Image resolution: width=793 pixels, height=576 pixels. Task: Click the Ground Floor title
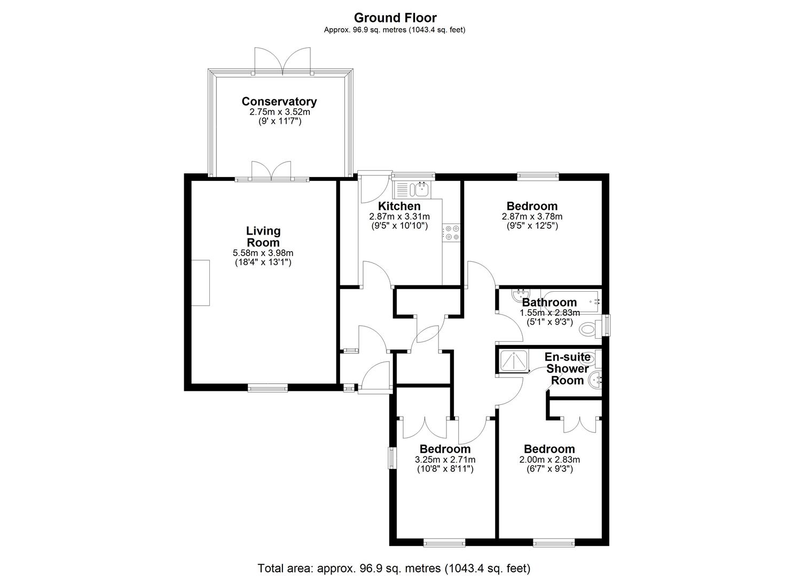coord(395,18)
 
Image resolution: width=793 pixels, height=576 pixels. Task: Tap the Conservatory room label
coord(279,101)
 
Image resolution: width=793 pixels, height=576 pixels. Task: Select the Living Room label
coord(263,237)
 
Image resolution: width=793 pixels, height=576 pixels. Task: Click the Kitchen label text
coord(399,206)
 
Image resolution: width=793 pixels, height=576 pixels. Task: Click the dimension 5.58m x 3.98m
coord(263,253)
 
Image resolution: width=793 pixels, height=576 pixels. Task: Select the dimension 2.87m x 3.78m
coord(532,216)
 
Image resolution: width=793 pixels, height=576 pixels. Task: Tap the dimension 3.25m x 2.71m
coord(445,459)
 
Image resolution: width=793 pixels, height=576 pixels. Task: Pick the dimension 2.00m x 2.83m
coord(549,459)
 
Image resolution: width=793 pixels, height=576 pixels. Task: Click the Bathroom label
coord(549,302)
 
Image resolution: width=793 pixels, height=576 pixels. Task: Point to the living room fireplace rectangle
coord(200,283)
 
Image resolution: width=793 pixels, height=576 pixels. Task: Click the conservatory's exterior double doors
coord(282,61)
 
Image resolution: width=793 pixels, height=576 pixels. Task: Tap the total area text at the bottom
coord(394,568)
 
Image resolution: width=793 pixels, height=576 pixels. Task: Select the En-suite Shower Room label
coord(567,369)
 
